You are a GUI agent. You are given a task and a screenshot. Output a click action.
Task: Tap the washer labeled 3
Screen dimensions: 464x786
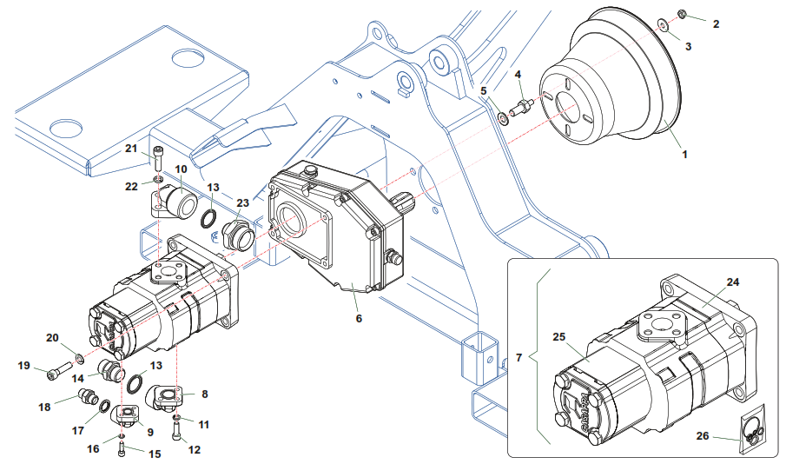click(663, 24)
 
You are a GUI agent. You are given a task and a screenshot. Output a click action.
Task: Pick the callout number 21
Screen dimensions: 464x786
click(131, 149)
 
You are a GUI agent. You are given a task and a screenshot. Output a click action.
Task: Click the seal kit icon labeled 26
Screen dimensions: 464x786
click(753, 431)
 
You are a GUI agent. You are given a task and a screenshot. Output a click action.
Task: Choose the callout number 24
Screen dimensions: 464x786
click(733, 282)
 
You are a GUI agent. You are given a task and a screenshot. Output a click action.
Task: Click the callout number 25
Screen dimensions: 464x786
click(558, 335)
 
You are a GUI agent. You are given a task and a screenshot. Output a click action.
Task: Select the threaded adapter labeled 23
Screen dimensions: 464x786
click(235, 234)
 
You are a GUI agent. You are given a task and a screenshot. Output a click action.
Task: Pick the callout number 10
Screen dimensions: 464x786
click(181, 169)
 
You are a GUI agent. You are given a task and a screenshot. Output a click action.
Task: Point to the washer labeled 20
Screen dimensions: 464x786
click(79, 357)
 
